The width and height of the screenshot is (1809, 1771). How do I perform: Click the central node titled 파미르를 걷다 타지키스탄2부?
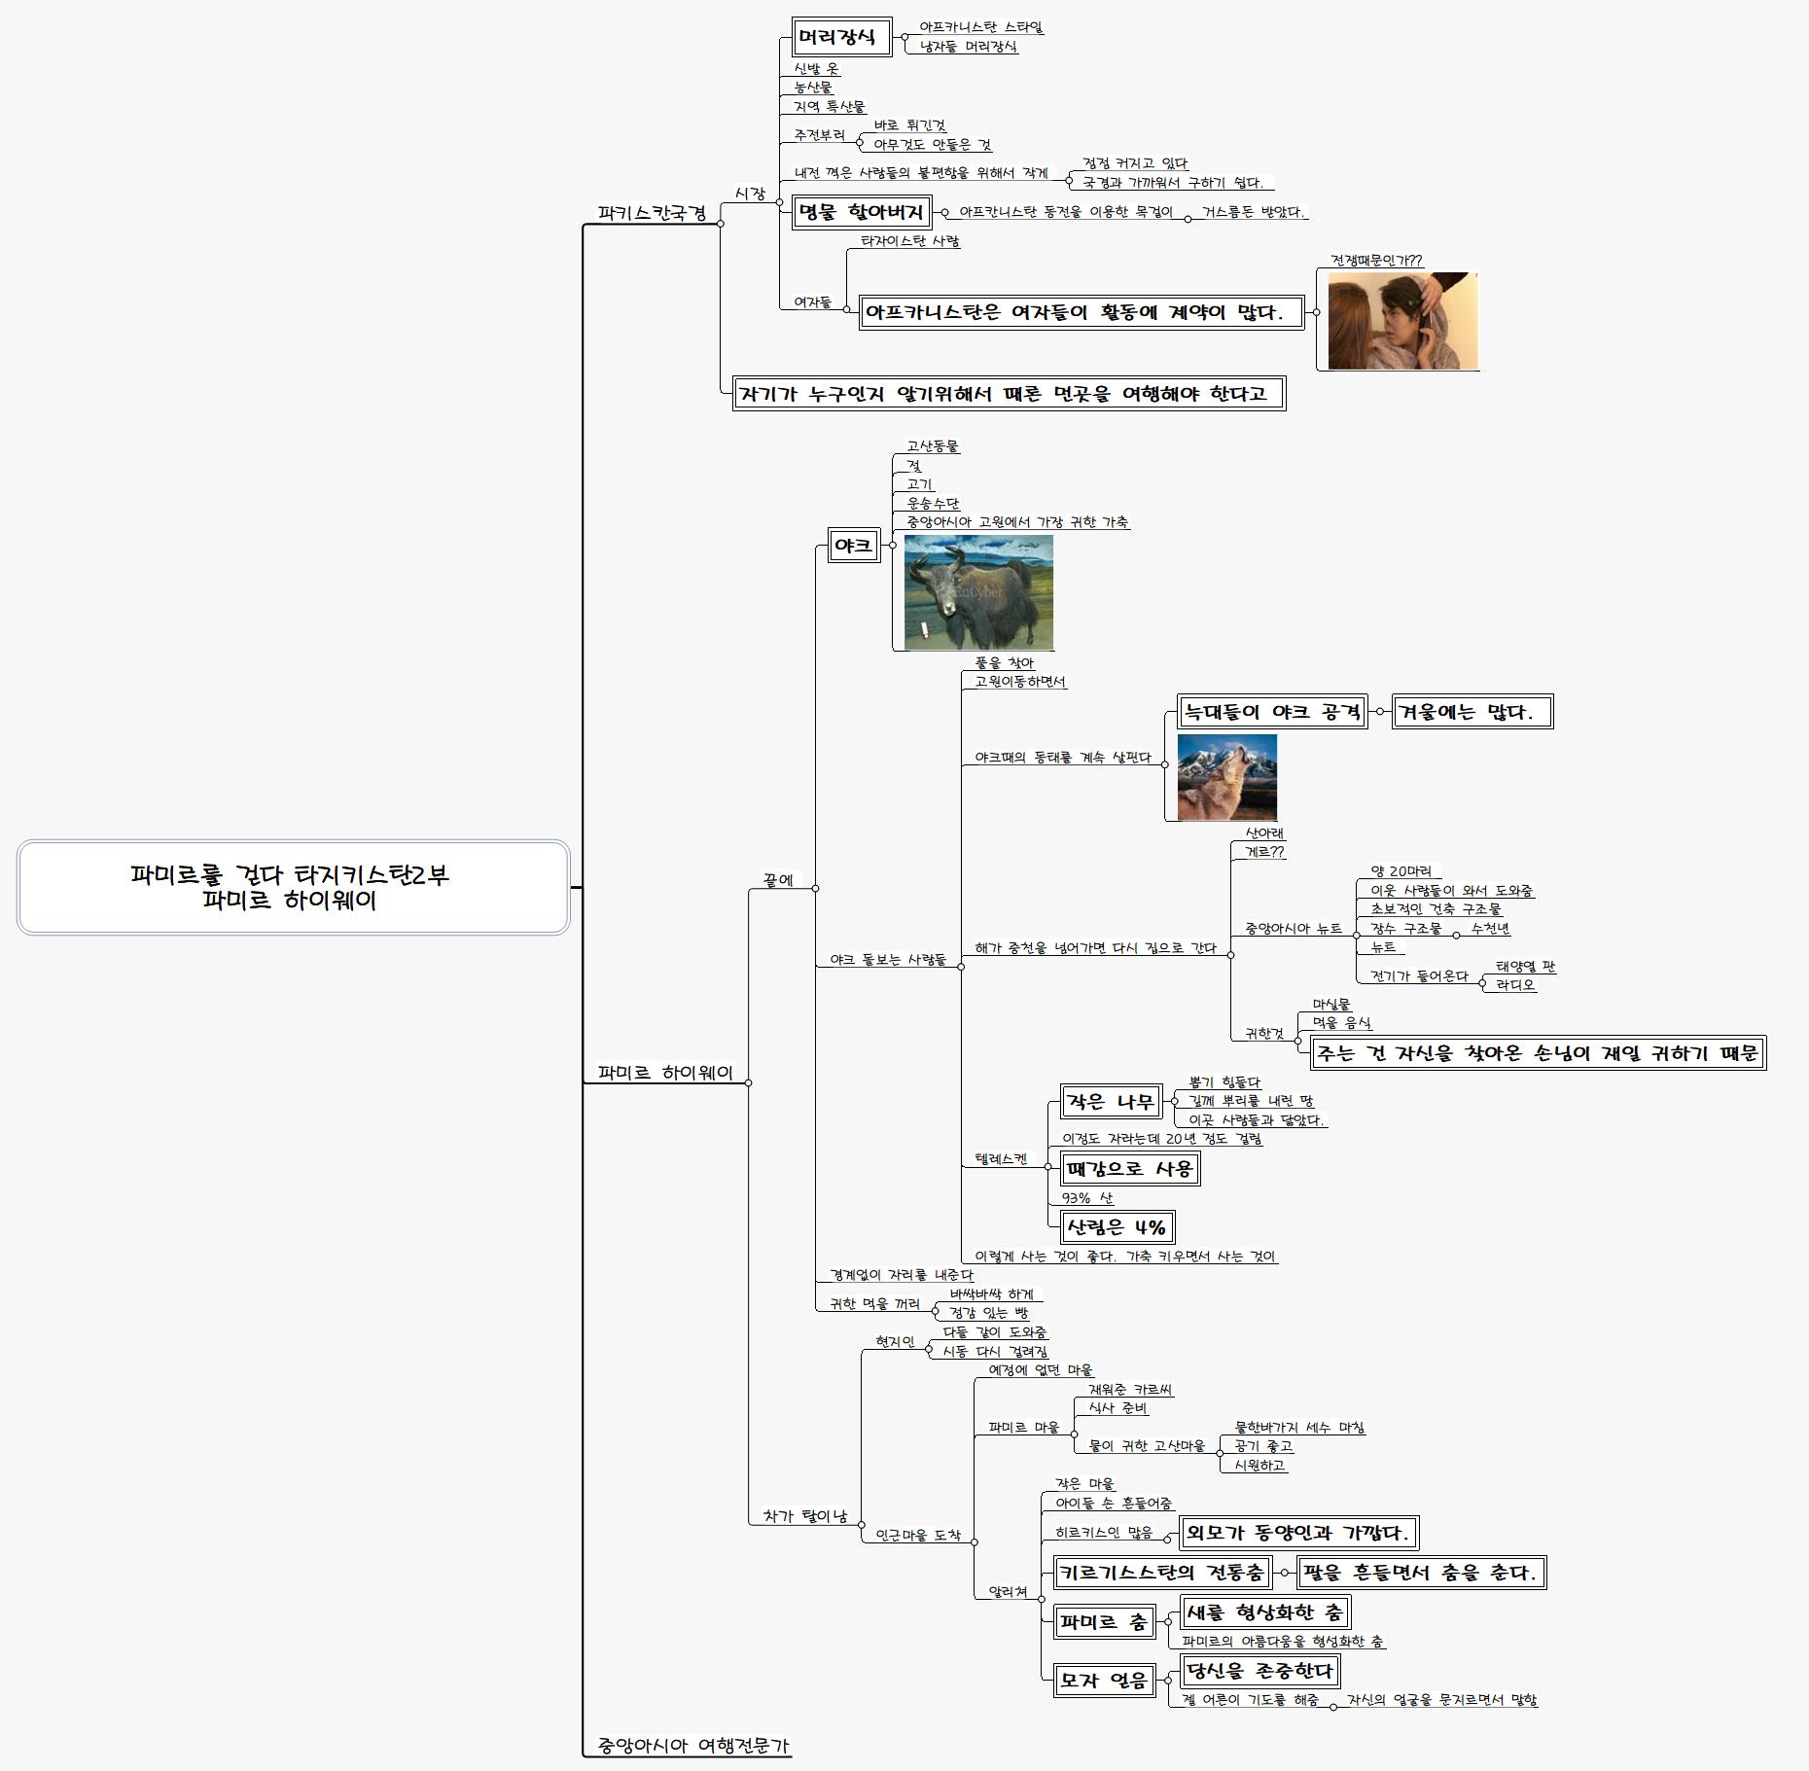click(292, 887)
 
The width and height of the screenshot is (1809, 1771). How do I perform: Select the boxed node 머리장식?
click(841, 38)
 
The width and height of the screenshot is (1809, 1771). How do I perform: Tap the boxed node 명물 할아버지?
click(861, 212)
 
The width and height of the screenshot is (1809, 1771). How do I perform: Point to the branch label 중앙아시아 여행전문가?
click(692, 1746)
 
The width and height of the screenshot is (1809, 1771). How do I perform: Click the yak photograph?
click(977, 592)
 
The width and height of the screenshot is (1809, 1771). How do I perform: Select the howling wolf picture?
click(1226, 777)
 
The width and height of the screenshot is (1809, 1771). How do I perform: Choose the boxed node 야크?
click(853, 546)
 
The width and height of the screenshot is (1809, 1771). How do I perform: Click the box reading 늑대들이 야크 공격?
click(1272, 712)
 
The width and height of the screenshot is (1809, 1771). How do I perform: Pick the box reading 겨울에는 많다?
click(1471, 712)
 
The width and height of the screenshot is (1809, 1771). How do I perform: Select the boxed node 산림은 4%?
click(1116, 1227)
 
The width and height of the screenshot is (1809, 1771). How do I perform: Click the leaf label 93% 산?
click(1087, 1198)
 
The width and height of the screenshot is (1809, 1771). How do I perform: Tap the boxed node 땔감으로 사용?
click(1128, 1169)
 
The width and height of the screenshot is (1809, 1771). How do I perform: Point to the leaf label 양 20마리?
click(1401, 871)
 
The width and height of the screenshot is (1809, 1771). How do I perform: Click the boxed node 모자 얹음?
click(1104, 1680)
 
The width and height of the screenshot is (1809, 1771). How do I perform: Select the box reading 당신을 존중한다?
click(1259, 1671)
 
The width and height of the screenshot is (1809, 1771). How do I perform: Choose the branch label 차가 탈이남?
click(804, 1516)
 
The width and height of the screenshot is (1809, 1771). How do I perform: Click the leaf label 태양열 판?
click(1525, 967)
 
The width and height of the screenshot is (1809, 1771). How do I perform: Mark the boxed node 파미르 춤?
click(1104, 1622)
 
